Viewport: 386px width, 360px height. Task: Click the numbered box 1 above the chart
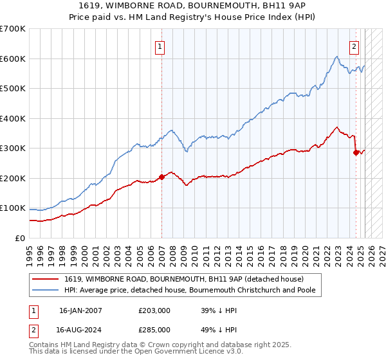(159, 46)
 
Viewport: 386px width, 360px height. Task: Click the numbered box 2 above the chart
(354, 46)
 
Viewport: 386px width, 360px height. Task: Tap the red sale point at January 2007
(161, 177)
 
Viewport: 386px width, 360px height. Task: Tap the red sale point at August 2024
(356, 153)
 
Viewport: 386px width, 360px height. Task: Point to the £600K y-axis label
(12, 59)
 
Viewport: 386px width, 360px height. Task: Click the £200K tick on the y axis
(12, 178)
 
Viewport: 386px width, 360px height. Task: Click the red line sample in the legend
(46, 279)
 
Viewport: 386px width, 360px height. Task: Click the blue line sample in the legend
(46, 290)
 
